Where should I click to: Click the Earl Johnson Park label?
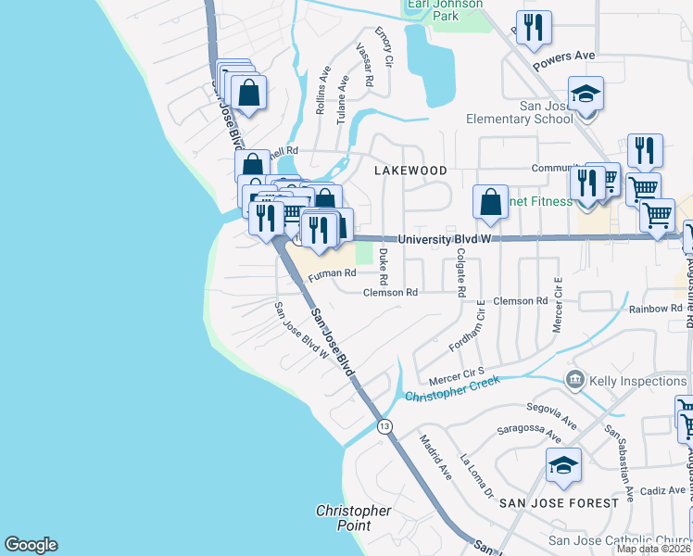[x=445, y=9]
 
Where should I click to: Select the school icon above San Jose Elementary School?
[x=586, y=95]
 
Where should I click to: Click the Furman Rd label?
[x=332, y=274]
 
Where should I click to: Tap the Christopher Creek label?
[x=453, y=389]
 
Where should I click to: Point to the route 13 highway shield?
[x=384, y=425]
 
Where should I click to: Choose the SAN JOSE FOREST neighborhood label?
[x=559, y=503]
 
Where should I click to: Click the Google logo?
[x=31, y=545]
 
